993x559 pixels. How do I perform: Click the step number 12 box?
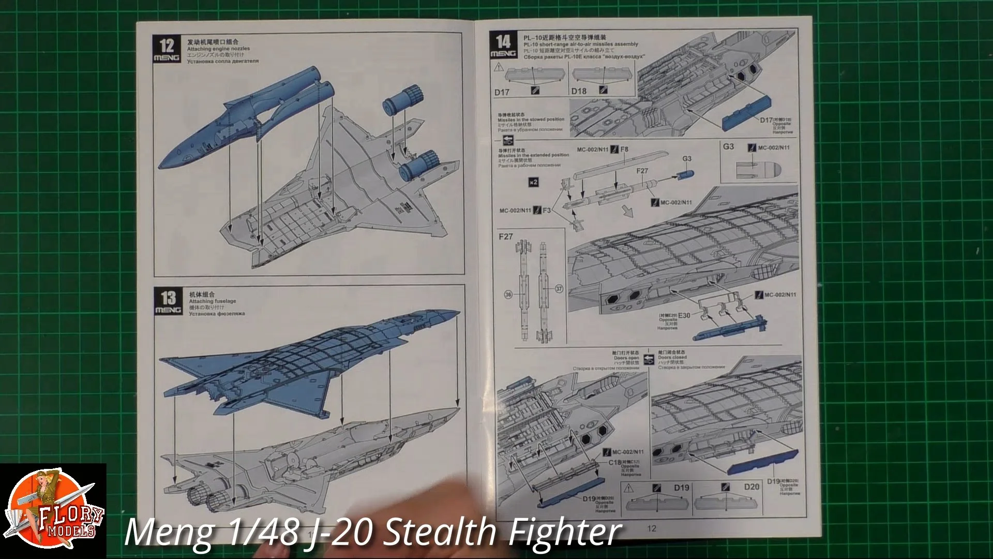167,50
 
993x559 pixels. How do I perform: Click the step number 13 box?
168,302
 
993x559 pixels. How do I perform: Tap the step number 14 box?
503,46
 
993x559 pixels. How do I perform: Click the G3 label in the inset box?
728,146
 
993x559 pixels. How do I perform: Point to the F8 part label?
624,150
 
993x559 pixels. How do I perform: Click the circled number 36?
508,295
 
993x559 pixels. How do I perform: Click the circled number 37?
559,289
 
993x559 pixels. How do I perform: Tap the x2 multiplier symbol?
534,182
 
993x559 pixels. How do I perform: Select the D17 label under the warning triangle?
502,92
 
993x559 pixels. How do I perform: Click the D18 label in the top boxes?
579,91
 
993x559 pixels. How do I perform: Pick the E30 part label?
684,315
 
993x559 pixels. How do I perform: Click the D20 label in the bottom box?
751,487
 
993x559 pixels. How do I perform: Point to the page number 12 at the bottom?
652,528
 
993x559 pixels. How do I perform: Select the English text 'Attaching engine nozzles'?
218,49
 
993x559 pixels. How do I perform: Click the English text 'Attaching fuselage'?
212,301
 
